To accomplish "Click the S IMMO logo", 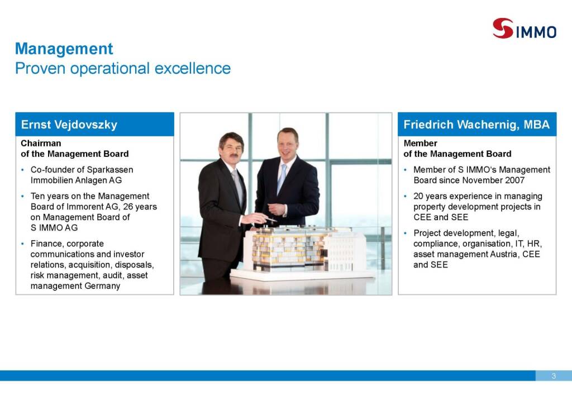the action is [x=524, y=28].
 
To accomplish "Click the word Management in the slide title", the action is [x=64, y=49].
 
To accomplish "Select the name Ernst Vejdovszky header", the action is [x=69, y=125].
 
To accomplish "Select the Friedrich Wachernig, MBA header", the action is [x=476, y=125].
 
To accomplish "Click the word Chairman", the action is [x=41, y=144].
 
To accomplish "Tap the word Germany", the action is [x=102, y=286].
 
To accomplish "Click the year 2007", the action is [x=514, y=180].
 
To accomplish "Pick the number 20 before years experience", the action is [x=418, y=196].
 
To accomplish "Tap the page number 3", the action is [x=554, y=376].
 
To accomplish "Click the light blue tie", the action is [x=282, y=179].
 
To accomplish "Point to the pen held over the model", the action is [x=271, y=220].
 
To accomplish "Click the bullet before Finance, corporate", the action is [x=22, y=244].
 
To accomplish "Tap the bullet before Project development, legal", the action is [x=406, y=233].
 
